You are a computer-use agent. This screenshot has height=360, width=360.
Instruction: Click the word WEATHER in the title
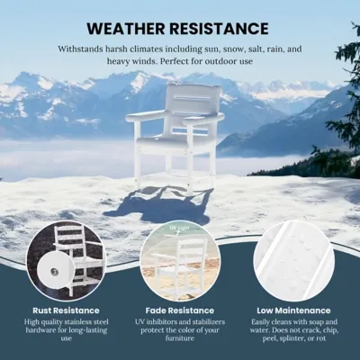point(126,29)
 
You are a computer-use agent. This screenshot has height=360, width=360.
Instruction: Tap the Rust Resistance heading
point(66,310)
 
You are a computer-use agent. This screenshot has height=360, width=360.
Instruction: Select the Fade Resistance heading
point(180,310)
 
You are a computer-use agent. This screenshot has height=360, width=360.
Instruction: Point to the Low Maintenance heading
point(293,310)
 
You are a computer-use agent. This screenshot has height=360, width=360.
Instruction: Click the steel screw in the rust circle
point(54,272)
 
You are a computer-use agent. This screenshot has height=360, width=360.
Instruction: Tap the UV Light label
point(180,229)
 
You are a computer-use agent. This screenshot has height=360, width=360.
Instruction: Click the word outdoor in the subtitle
point(220,61)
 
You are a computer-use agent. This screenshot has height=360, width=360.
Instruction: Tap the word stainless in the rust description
point(79,322)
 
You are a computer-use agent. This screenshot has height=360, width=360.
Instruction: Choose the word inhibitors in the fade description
point(163,322)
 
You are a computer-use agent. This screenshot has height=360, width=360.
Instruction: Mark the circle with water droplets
point(293,260)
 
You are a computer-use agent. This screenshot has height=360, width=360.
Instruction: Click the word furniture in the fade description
point(180,338)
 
